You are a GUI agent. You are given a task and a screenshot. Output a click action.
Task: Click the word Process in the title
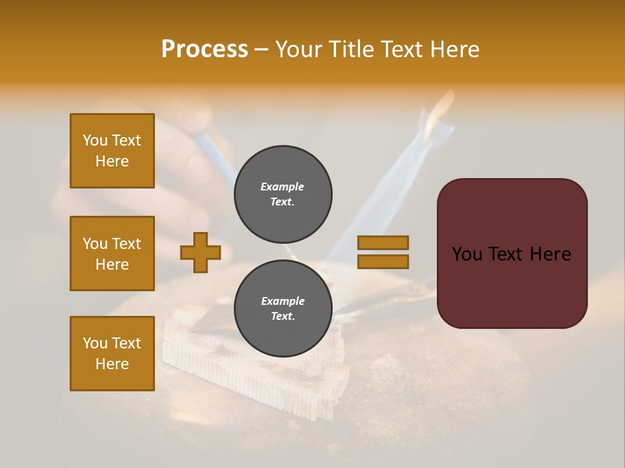(x=204, y=49)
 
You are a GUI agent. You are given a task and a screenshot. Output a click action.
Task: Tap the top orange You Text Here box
(x=112, y=151)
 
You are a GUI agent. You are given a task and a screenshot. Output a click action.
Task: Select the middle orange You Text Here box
(x=112, y=253)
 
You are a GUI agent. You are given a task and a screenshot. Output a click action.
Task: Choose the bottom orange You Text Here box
(x=112, y=354)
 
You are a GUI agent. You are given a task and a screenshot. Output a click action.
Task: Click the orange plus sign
(x=201, y=253)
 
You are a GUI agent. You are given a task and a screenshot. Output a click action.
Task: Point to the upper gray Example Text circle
(x=283, y=194)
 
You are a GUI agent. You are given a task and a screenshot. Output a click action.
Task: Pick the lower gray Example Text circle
(x=283, y=309)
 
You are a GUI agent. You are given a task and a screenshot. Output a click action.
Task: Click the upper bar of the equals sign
(x=383, y=243)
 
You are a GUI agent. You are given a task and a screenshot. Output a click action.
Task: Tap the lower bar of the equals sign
(x=383, y=262)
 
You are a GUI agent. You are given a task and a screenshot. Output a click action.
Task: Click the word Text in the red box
(x=512, y=254)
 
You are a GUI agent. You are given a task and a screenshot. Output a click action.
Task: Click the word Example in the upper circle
(x=282, y=187)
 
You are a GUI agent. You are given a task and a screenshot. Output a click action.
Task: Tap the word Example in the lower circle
(x=283, y=301)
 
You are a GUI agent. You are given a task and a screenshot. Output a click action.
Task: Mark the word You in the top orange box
(x=94, y=140)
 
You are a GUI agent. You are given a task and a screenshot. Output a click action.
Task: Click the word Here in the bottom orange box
(x=112, y=364)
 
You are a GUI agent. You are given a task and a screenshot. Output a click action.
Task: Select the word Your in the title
(x=299, y=49)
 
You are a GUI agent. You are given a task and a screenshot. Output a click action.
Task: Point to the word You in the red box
(x=467, y=254)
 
